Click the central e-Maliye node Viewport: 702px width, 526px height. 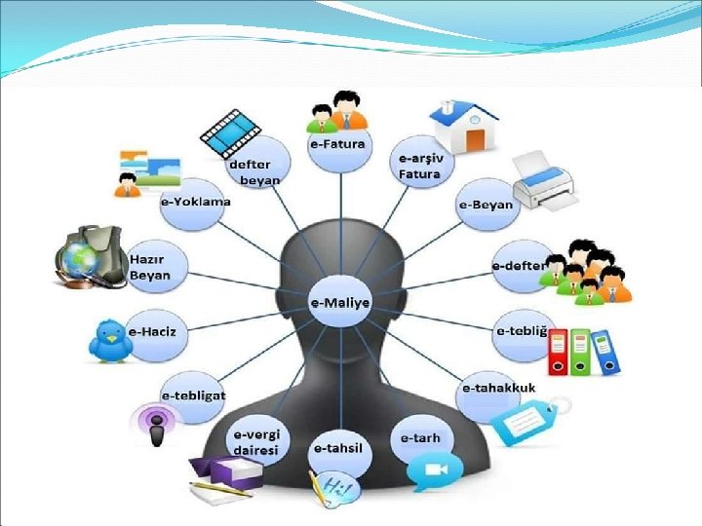point(340,302)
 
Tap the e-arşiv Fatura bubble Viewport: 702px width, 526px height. point(420,165)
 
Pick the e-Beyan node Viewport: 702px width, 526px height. point(486,205)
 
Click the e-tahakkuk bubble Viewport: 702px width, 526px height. point(498,387)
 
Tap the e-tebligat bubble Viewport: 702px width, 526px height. point(193,395)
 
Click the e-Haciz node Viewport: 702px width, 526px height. point(157,331)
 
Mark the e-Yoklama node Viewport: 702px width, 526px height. point(195,203)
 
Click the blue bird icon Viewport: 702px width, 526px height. point(109,341)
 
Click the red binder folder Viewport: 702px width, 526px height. point(558,353)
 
